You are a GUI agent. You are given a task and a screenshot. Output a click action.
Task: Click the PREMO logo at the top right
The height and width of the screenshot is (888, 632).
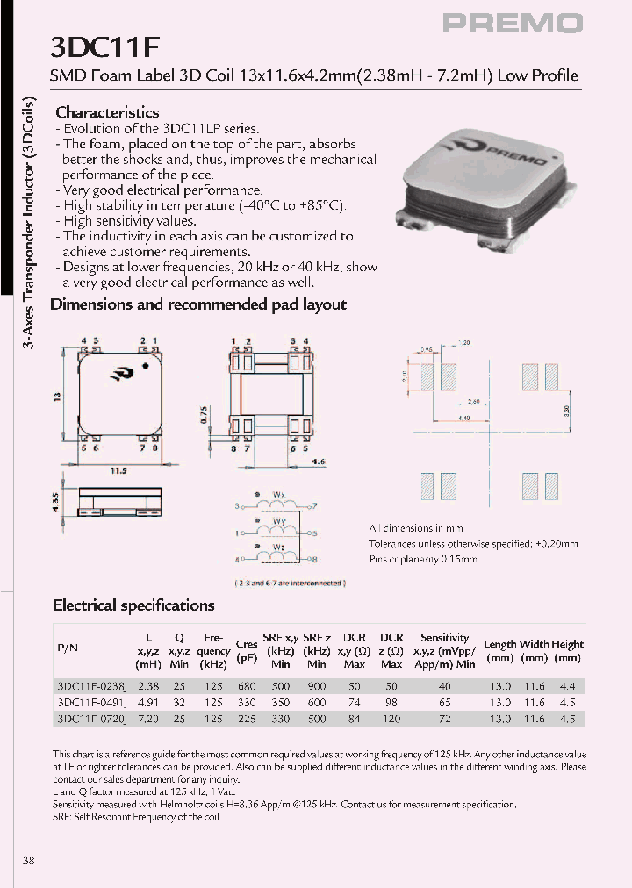coord(512,24)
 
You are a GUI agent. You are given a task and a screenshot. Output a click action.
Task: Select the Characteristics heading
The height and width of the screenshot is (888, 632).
coord(107,112)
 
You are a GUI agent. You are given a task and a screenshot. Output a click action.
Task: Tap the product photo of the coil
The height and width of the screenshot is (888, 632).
coord(481,183)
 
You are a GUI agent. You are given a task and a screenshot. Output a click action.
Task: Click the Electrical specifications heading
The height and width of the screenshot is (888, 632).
coord(133,605)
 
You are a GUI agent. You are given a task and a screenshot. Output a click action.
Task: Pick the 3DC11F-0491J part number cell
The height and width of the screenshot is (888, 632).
coord(92,702)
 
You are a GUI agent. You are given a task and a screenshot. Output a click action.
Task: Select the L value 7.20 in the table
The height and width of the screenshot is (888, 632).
coord(147,718)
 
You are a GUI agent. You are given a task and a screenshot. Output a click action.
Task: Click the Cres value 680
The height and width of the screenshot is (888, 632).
coord(246,686)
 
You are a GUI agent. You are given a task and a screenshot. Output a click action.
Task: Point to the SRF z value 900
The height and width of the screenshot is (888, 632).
coord(317,686)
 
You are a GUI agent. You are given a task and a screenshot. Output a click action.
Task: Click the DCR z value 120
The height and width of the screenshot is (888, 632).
coord(391,718)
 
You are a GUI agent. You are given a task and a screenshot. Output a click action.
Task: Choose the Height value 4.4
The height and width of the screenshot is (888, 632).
coord(567,686)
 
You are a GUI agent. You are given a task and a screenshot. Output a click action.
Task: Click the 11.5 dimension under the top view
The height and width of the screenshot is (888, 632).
coord(118,470)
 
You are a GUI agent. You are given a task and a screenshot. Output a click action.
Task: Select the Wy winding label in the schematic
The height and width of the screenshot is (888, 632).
coord(279,521)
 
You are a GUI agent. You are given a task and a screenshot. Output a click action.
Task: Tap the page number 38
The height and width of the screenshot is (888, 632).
coord(29,861)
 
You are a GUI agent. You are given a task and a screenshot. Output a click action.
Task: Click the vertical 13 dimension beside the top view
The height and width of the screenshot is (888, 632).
coord(59,396)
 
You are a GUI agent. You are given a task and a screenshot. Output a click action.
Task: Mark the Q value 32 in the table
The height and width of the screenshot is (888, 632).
coord(179,702)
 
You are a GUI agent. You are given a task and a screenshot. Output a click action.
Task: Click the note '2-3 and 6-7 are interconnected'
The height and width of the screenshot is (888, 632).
coord(290,583)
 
